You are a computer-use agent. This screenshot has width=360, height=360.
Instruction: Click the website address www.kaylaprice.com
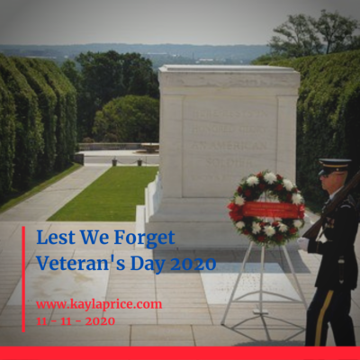(x=99, y=305)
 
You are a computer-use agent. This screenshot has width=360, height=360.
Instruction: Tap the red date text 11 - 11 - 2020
(x=76, y=321)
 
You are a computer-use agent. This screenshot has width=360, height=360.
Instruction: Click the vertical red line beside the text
(x=23, y=279)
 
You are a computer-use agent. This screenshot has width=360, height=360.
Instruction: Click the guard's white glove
(x=303, y=244)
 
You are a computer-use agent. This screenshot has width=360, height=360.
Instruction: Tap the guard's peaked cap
(x=335, y=166)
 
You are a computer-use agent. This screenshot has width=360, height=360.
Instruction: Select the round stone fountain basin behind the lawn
(x=150, y=148)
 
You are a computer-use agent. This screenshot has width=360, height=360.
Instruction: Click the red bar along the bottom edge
(x=180, y=353)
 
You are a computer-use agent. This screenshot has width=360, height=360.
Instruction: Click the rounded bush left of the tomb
(x=126, y=119)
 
